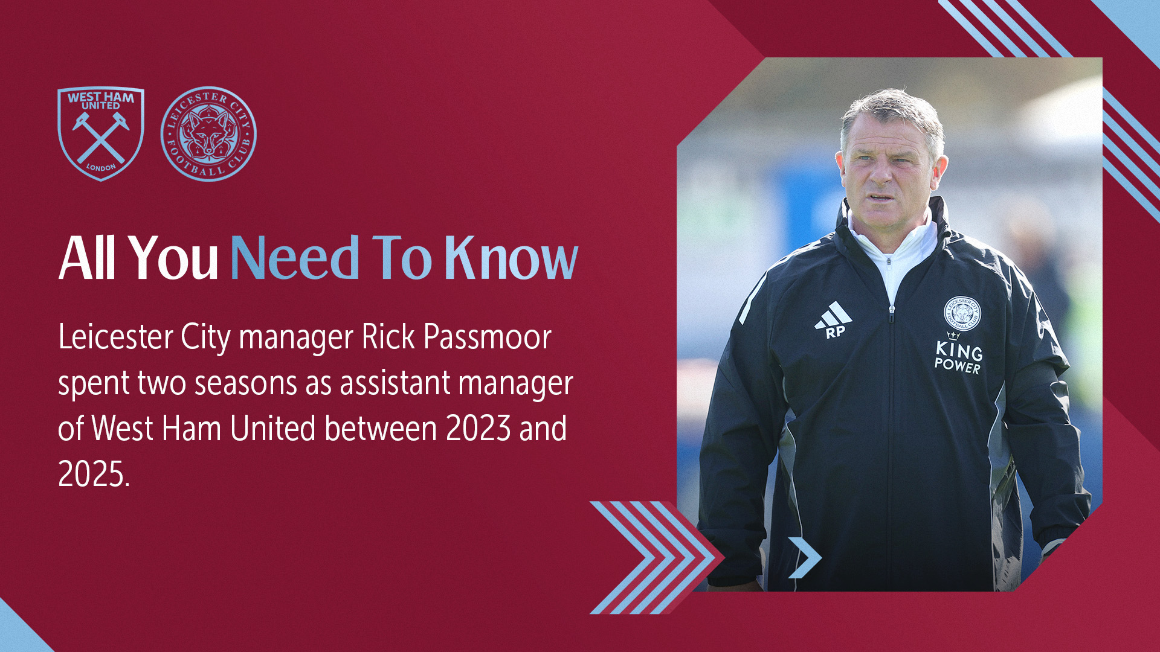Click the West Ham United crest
101,133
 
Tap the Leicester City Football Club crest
208,134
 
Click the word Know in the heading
511,258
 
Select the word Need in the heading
295,258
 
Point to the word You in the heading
173,258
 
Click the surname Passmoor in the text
488,337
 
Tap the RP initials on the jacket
836,332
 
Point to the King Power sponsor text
958,356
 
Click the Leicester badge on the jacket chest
962,313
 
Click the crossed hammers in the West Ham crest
101,138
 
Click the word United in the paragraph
273,428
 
